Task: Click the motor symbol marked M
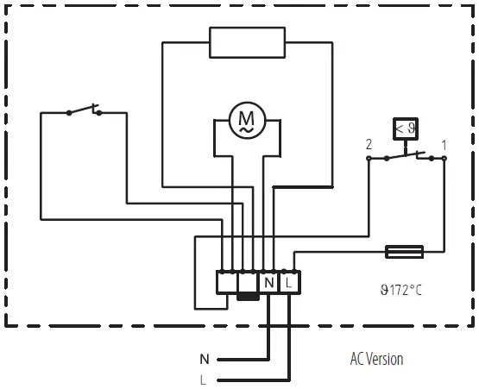(247, 119)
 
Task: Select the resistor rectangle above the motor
(247, 41)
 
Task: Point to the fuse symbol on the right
(403, 252)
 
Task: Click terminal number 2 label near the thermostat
(369, 144)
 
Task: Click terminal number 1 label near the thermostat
(444, 144)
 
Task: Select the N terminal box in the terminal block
(269, 282)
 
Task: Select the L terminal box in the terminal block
(289, 282)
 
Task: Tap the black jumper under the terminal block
(249, 298)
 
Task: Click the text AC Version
(376, 358)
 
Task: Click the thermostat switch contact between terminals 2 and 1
(407, 156)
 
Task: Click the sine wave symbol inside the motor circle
(247, 129)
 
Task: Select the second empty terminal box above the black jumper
(249, 280)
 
